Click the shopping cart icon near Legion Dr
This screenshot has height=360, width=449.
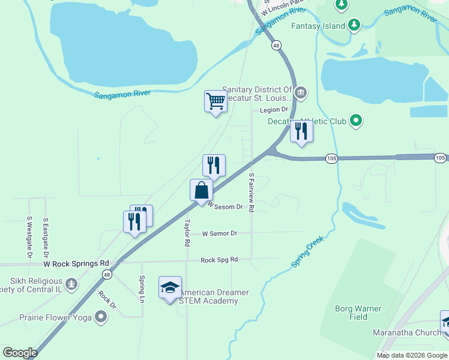click(215, 101)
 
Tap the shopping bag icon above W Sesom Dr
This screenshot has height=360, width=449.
click(201, 190)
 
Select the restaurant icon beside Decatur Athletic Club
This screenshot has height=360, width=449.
click(301, 131)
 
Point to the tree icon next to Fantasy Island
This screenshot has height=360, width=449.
click(355, 25)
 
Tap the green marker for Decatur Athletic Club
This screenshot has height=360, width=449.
click(356, 121)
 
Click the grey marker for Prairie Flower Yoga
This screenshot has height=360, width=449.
click(100, 316)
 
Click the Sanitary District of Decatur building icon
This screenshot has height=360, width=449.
click(301, 93)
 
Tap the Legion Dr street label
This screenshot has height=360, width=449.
click(274, 110)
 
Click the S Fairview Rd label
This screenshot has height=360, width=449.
click(252, 192)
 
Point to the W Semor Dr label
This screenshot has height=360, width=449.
click(220, 233)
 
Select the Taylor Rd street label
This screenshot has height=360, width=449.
click(187, 233)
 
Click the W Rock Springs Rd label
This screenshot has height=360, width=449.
click(76, 263)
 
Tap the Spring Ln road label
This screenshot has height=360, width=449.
click(142, 289)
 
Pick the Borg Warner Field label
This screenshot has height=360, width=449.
click(358, 313)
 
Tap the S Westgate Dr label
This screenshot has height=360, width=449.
click(29, 238)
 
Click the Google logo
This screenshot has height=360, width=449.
click(20, 353)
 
